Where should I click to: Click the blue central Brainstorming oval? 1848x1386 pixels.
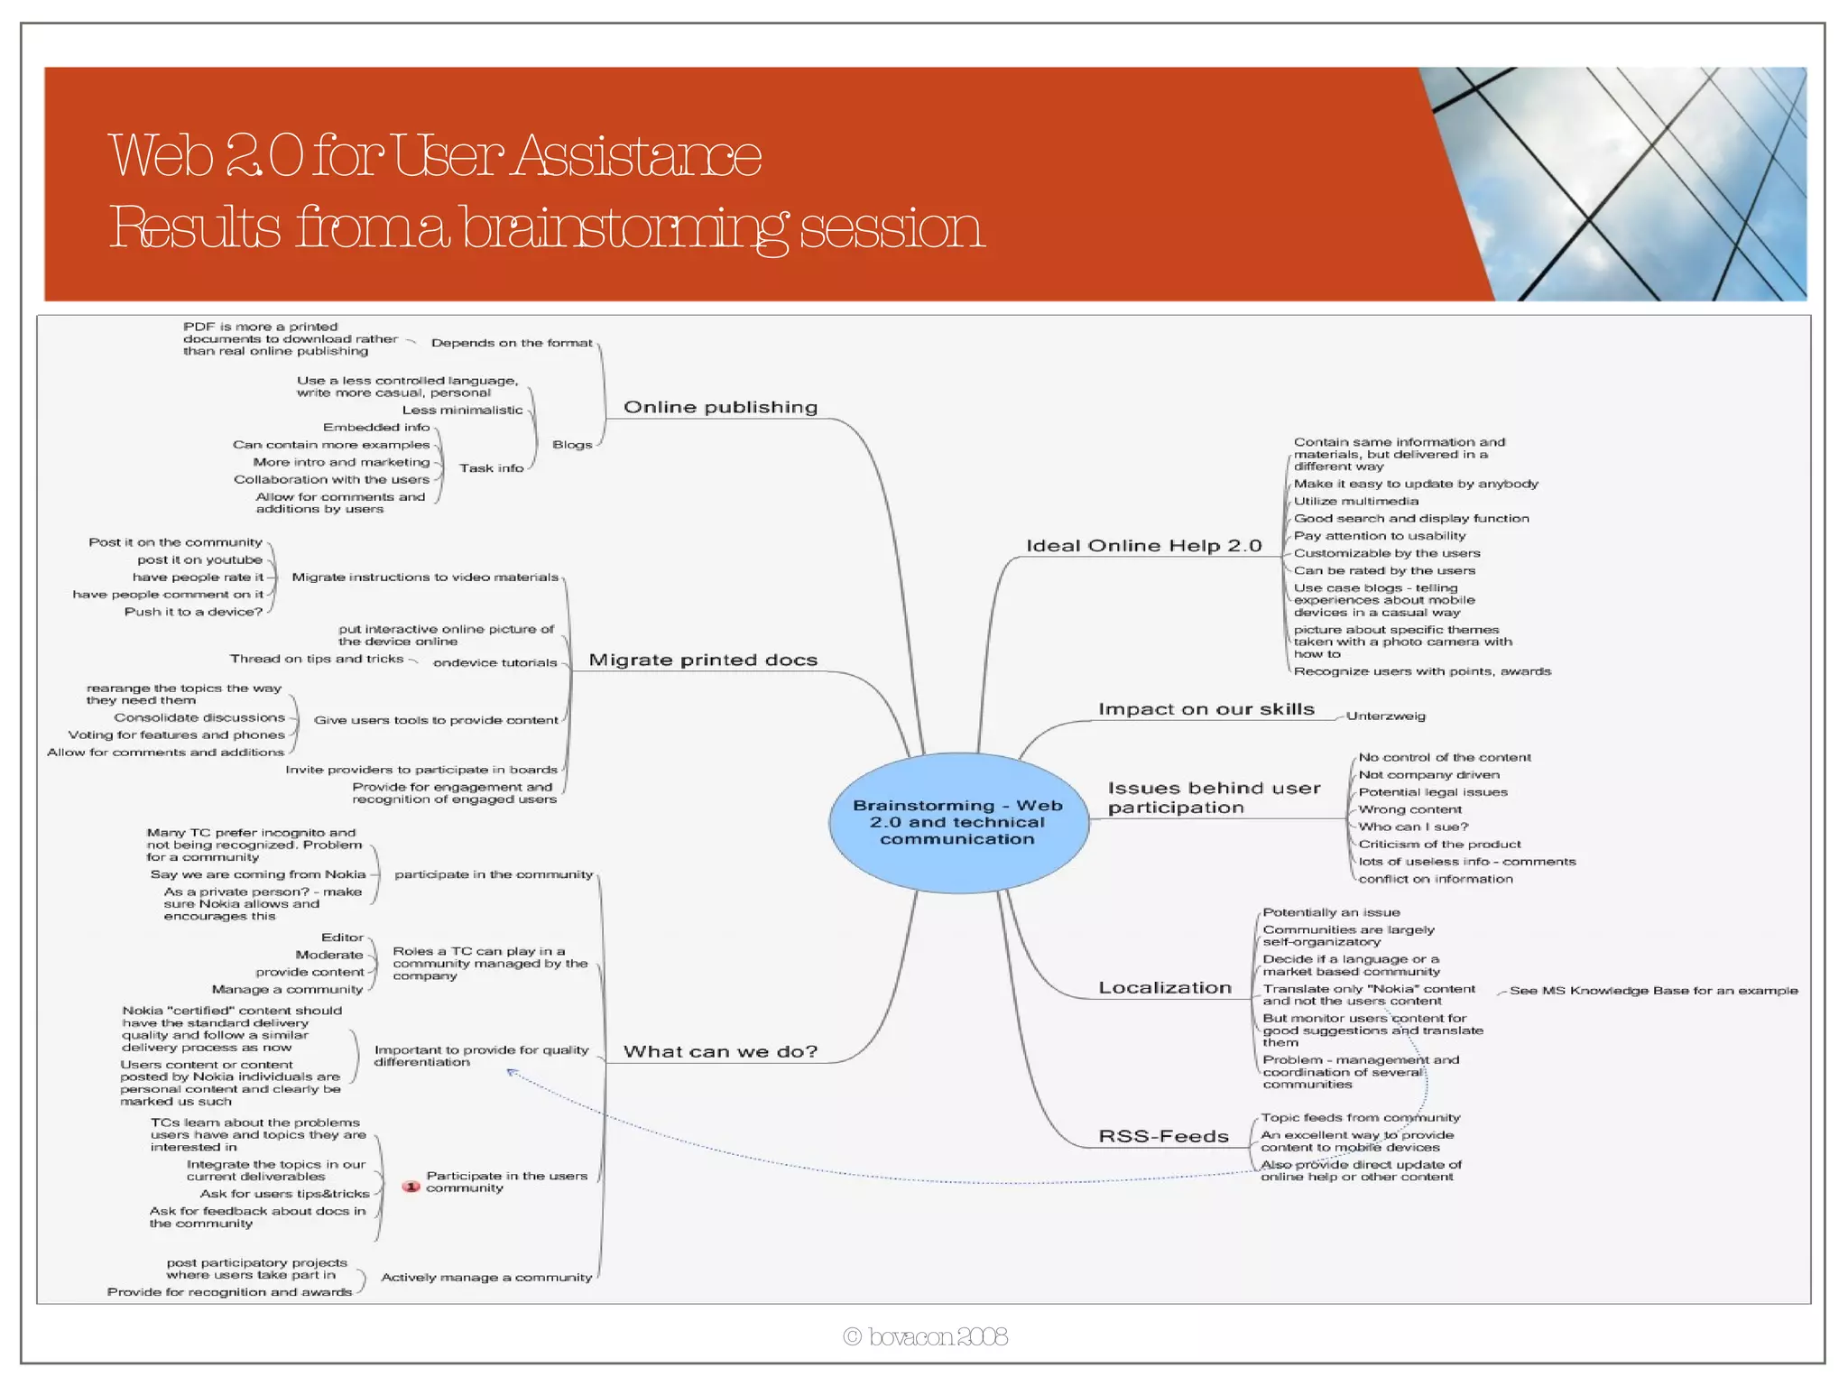958,822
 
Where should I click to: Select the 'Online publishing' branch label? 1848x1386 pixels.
720,407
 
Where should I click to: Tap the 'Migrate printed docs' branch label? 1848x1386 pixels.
703,660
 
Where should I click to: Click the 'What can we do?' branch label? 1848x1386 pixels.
720,1051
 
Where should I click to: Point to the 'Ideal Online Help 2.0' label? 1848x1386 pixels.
1143,546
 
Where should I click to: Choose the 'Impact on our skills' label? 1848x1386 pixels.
1206,709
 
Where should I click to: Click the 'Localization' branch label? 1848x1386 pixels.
1164,988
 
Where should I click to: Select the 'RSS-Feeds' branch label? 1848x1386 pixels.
1163,1136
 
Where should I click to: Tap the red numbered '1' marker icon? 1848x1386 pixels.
411,1187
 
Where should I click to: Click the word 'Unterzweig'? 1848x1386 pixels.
1385,716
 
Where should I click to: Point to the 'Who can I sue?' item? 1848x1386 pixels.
1413,827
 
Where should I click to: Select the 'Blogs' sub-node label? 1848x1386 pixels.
572,445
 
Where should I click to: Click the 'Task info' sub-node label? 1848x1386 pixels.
491,468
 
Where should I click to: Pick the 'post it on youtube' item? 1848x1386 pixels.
199,559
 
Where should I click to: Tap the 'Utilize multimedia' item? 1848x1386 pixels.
1355,502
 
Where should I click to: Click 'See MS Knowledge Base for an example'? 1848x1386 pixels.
1653,991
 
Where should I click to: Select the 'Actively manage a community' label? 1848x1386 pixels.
486,1277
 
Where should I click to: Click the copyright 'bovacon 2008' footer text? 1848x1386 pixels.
926,1336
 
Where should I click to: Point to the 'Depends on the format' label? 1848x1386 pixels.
512,343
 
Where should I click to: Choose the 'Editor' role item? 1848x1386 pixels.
342,938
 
